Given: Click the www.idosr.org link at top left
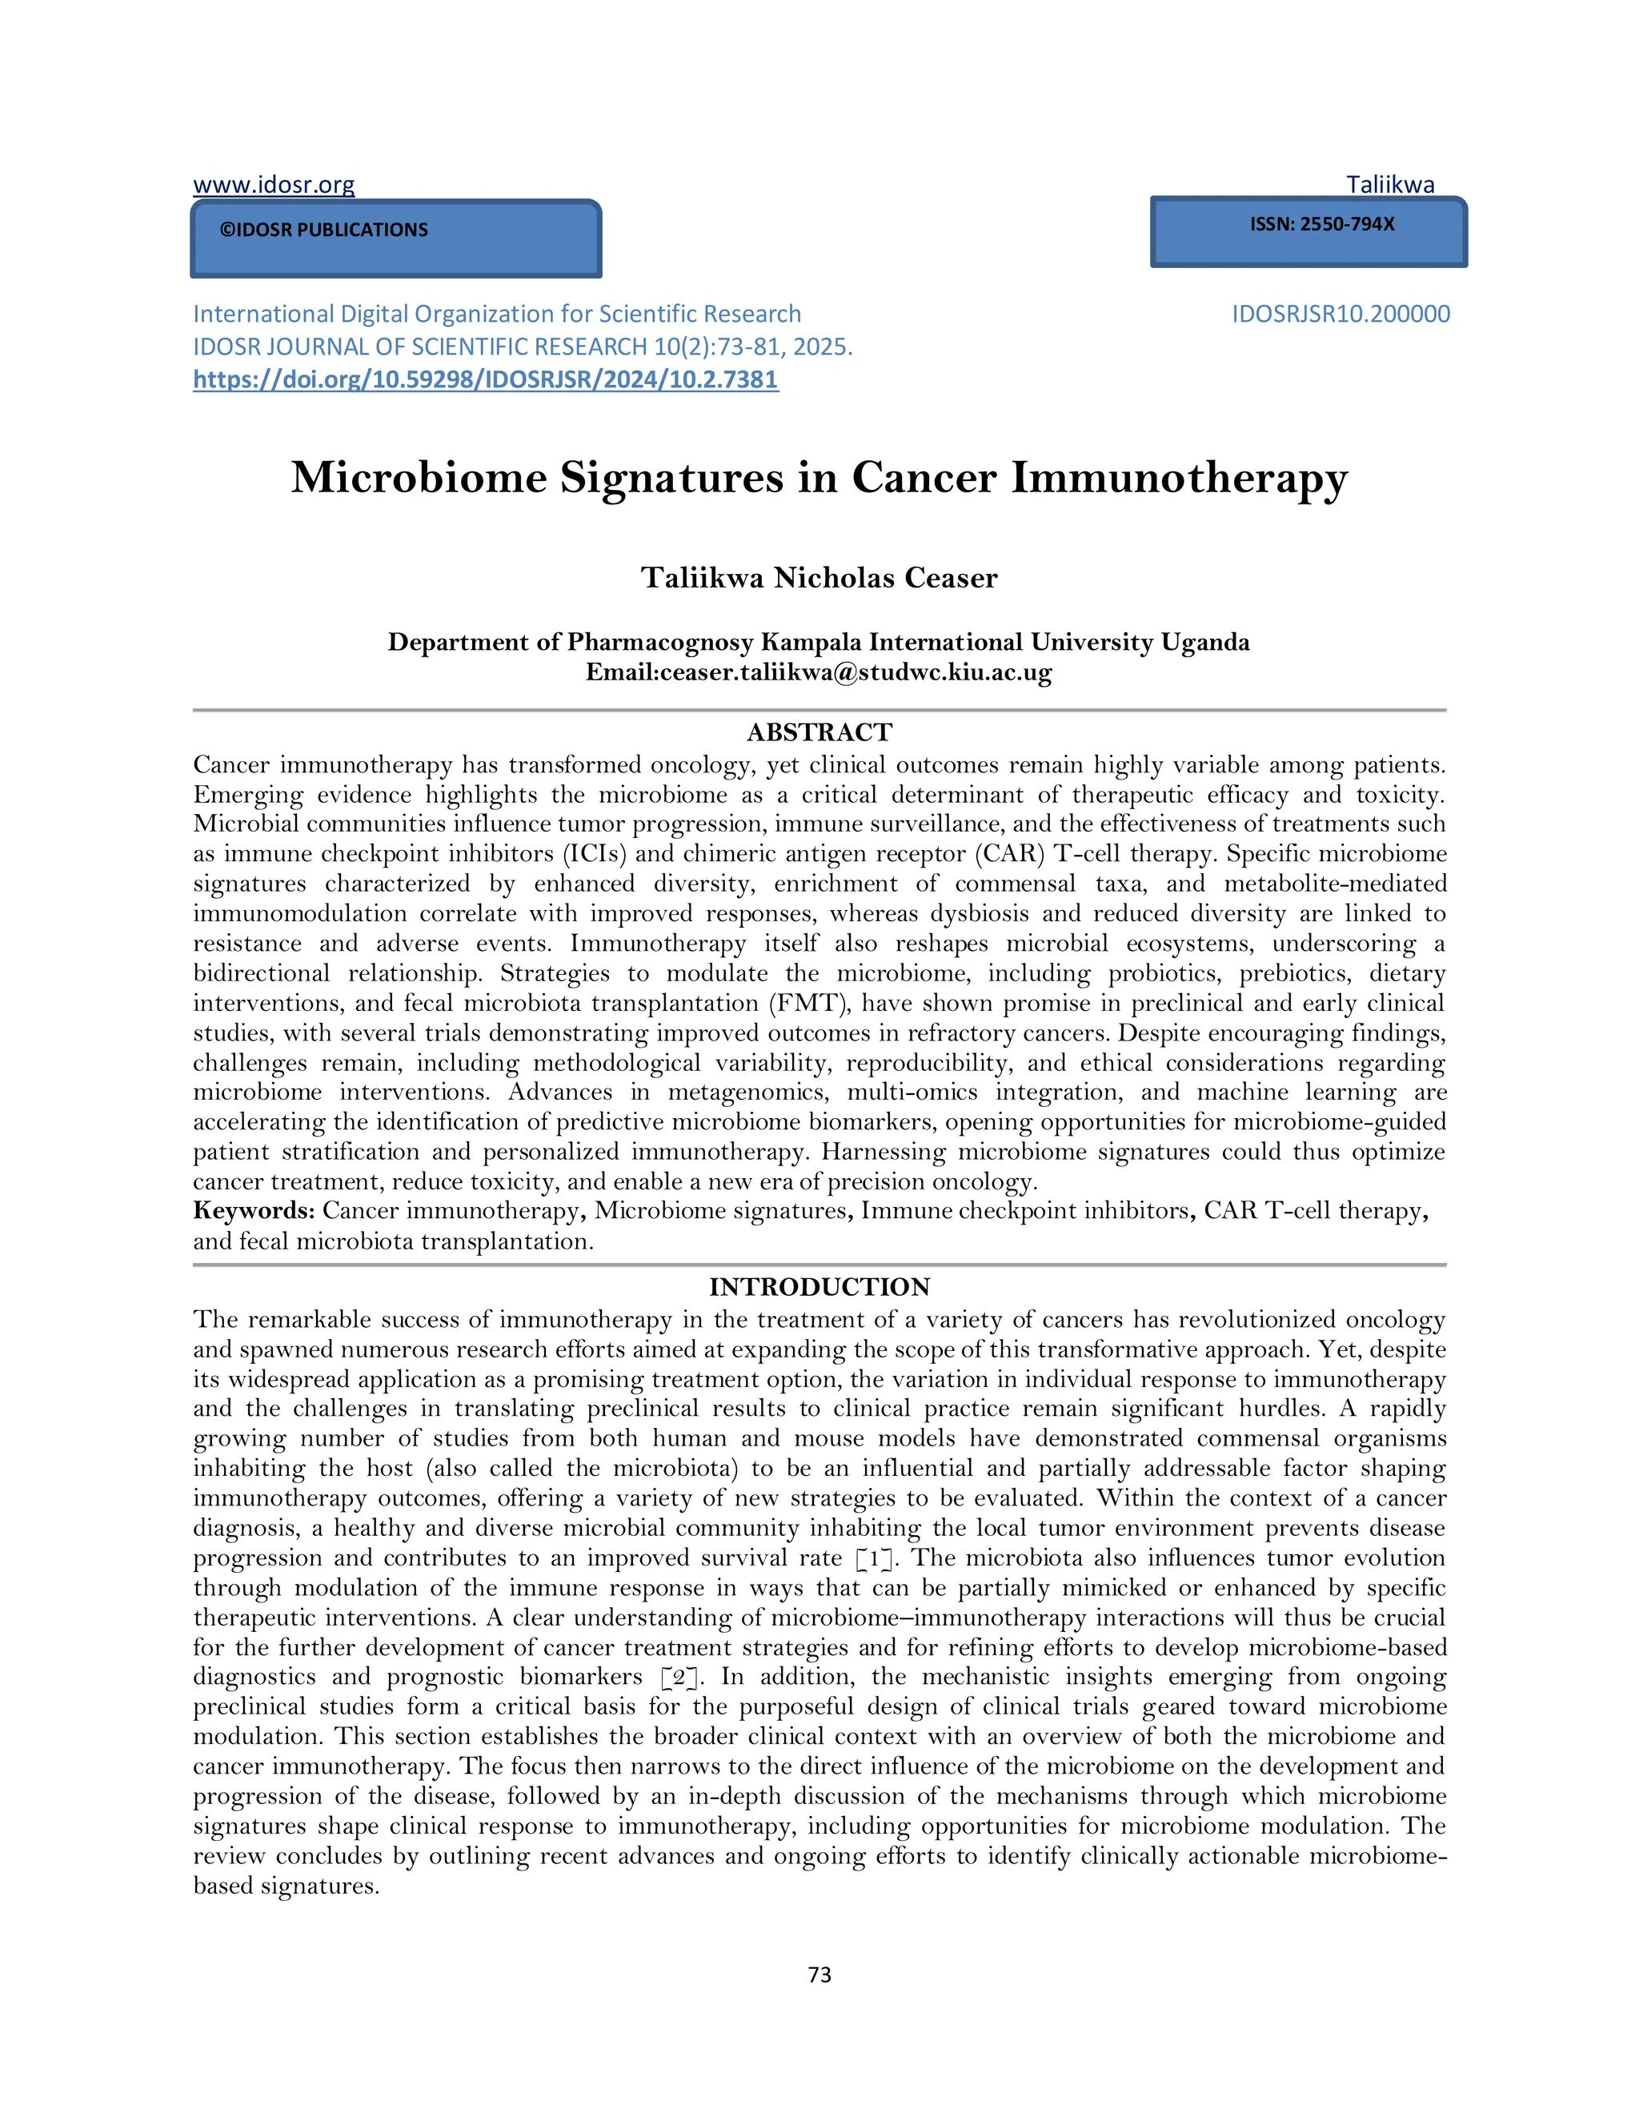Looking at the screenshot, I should point(274,185).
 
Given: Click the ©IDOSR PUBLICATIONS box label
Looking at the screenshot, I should point(323,231).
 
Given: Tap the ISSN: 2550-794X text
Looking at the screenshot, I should point(1321,224).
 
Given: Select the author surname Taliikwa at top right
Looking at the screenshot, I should point(1389,185).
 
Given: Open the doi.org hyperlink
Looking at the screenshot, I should point(486,379).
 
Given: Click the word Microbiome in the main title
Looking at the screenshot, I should point(419,478).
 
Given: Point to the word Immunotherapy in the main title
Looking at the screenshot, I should point(1179,478).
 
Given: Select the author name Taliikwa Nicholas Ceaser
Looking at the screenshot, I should point(819,578).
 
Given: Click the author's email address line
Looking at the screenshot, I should point(819,672).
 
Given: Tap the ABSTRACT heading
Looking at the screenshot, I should point(819,732).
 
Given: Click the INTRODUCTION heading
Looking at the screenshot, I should point(819,1287).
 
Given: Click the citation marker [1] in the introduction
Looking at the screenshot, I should point(873,1558).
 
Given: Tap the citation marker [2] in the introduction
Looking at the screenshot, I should point(679,1677).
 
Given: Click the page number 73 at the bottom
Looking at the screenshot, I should point(819,1975).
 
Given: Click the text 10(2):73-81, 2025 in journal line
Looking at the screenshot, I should point(753,347).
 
